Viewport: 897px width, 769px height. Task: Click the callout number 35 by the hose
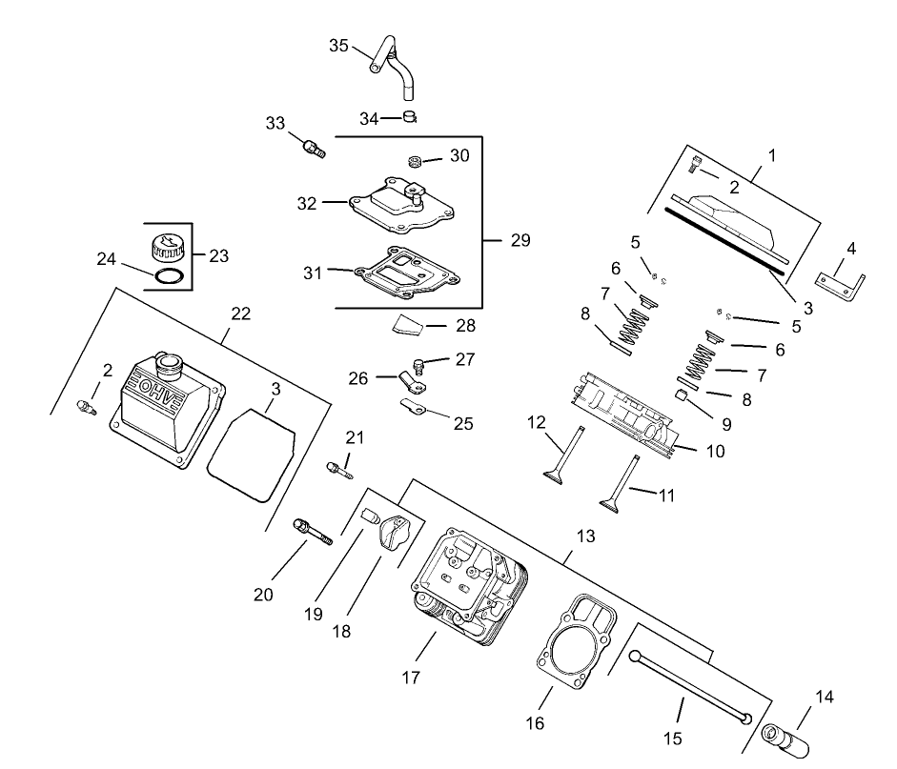[x=339, y=45]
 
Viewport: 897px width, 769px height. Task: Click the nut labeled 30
[x=416, y=161]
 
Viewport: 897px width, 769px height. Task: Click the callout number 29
[x=520, y=240]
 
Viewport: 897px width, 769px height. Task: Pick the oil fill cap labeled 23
[x=167, y=250]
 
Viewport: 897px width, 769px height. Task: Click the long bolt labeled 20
[x=315, y=530]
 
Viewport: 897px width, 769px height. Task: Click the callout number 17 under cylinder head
[x=411, y=678]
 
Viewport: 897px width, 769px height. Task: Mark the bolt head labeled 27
[x=419, y=364]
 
